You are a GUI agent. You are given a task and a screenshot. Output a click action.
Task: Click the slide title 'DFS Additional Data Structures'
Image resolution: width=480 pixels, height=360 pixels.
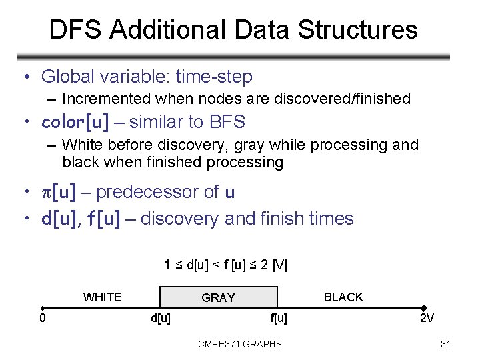pyautogui.click(x=233, y=30)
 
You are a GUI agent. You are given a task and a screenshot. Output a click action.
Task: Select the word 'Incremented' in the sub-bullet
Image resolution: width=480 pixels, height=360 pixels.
pyautogui.click(x=106, y=99)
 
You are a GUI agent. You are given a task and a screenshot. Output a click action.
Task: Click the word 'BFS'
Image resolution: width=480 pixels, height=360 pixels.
pyautogui.click(x=227, y=122)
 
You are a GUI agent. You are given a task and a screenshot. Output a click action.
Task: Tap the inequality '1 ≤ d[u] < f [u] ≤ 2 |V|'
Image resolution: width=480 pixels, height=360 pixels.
pyautogui.click(x=226, y=265)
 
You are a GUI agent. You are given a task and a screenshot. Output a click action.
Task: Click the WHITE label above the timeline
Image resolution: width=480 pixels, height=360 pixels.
pyautogui.click(x=102, y=297)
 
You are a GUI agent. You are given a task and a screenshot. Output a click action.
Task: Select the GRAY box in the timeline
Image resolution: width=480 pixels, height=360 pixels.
pyautogui.click(x=218, y=297)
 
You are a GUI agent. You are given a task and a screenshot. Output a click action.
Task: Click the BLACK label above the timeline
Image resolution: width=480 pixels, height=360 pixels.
pyautogui.click(x=343, y=297)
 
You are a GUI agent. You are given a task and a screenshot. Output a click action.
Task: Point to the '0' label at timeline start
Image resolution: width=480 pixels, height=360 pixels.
pyautogui.click(x=43, y=318)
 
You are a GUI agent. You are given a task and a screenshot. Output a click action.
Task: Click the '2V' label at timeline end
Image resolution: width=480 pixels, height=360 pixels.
pyautogui.click(x=427, y=318)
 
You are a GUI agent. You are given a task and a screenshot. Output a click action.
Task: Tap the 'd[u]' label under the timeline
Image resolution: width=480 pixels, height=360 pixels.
pyautogui.click(x=161, y=318)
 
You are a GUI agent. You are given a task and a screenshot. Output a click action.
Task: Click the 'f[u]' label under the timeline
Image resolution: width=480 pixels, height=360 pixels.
pyautogui.click(x=279, y=318)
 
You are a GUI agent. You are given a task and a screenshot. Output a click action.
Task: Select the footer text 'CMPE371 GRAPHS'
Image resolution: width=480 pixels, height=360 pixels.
pyautogui.click(x=240, y=344)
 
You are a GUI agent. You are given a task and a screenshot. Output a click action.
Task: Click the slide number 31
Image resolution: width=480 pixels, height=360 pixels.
pyautogui.click(x=446, y=344)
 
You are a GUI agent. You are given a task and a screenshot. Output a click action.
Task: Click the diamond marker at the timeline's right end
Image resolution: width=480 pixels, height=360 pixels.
pyautogui.click(x=424, y=308)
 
